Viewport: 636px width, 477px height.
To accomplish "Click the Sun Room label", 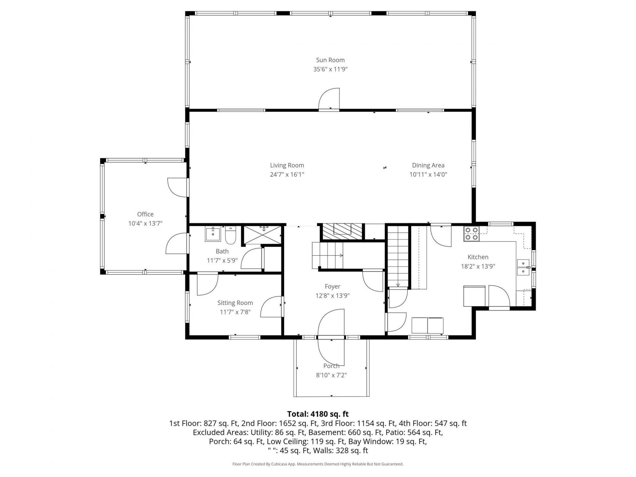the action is click(330, 60).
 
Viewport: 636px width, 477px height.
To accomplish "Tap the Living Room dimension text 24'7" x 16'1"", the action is click(287, 175).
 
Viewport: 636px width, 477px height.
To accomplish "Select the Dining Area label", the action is click(428, 165).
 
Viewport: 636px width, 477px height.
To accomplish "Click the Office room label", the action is click(145, 214).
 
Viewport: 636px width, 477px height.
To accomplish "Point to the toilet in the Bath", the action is click(230, 235).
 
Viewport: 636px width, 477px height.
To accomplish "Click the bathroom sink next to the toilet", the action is click(213, 234).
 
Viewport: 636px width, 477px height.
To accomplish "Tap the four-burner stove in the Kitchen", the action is click(471, 233).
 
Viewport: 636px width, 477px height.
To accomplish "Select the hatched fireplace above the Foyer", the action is click(342, 232).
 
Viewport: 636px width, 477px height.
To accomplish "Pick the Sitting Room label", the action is click(235, 303).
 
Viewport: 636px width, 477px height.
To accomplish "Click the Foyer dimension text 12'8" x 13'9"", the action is click(333, 296).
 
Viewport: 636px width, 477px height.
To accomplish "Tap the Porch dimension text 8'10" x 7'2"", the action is click(331, 375).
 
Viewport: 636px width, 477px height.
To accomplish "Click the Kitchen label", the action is click(478, 257).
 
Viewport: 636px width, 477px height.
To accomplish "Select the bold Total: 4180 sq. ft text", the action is click(318, 414).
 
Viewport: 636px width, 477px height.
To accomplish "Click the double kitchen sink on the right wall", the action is click(523, 268).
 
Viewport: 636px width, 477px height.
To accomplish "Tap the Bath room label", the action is click(222, 251).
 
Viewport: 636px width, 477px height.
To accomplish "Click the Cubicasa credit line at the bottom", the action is click(318, 464).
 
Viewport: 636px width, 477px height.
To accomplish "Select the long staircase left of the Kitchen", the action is click(398, 256).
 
